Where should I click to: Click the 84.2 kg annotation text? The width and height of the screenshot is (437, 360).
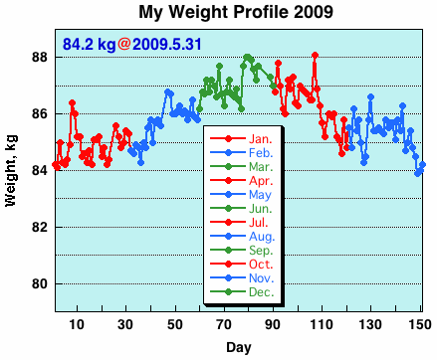[89, 45]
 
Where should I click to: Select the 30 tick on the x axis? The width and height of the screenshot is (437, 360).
[124, 324]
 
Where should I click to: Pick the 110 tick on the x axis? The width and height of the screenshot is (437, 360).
[322, 324]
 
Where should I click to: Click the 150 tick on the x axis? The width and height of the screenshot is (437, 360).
[419, 324]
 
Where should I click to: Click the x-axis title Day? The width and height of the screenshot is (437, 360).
[238, 347]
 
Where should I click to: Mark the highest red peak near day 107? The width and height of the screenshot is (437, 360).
[315, 55]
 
